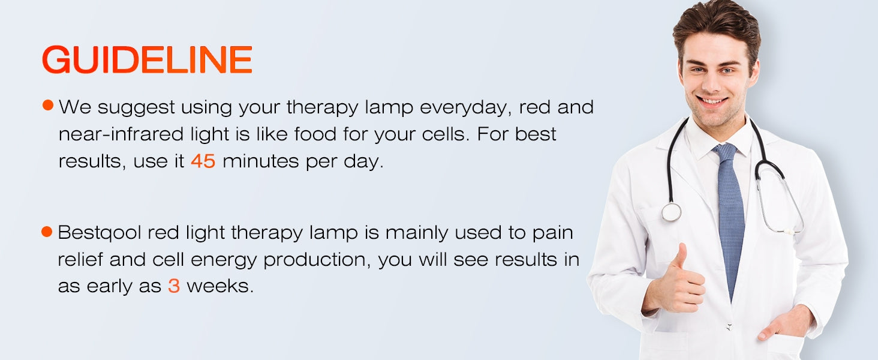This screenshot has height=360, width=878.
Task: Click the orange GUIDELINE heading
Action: [x=147, y=59]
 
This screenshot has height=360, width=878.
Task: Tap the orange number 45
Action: [x=203, y=161]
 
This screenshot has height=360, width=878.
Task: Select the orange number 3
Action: [x=174, y=286]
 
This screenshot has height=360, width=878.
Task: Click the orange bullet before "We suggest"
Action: [x=48, y=105]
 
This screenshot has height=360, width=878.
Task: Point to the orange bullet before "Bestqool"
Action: [x=47, y=232]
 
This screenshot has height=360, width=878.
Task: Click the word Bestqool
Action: [x=100, y=233]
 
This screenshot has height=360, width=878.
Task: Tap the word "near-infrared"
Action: [x=121, y=134]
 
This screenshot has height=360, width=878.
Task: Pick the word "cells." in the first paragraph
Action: [x=446, y=134]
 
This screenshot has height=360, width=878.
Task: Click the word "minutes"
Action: [x=261, y=161]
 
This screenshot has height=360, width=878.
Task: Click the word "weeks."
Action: [x=220, y=286]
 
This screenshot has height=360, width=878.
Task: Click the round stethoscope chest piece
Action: [x=672, y=212]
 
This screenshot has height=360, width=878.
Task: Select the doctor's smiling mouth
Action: [x=713, y=101]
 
